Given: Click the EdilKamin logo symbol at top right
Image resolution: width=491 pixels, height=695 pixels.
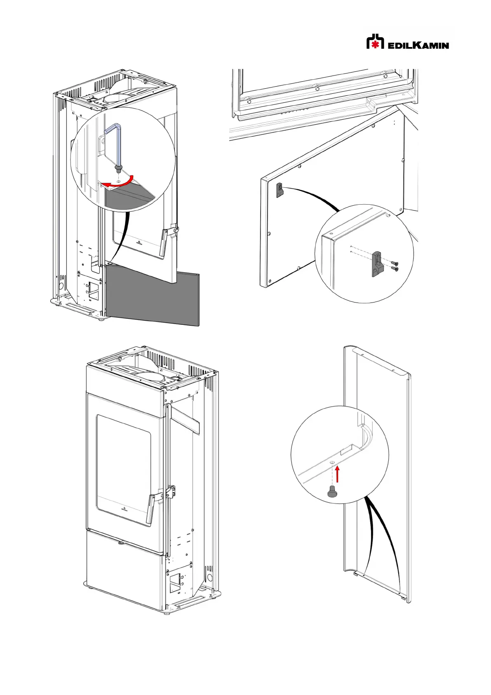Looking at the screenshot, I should pos(375,41).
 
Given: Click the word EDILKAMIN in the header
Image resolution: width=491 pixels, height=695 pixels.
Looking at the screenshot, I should pos(418,45).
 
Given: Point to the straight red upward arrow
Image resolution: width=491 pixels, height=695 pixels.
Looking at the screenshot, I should pos(338,474).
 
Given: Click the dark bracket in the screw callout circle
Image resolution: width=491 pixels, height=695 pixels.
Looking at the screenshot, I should pos(378,264).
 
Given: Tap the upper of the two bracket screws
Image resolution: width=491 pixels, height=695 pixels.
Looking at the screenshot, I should pos(394,263).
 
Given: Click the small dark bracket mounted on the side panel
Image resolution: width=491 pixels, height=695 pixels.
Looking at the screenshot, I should pos(280,189).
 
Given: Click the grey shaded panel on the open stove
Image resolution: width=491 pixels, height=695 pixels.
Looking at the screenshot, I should pos(153,295).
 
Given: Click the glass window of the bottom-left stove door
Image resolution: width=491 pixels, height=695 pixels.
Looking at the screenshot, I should pos(123,466).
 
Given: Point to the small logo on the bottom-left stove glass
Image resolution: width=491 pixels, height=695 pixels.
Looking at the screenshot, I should pos(124,509).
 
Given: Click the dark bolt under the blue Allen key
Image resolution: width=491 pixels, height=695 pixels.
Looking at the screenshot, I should pos(119,168).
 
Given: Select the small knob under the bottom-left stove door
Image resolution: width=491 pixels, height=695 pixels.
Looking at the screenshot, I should pos(121,543).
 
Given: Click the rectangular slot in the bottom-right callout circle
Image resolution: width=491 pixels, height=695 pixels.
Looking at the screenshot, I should pos(350,449).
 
